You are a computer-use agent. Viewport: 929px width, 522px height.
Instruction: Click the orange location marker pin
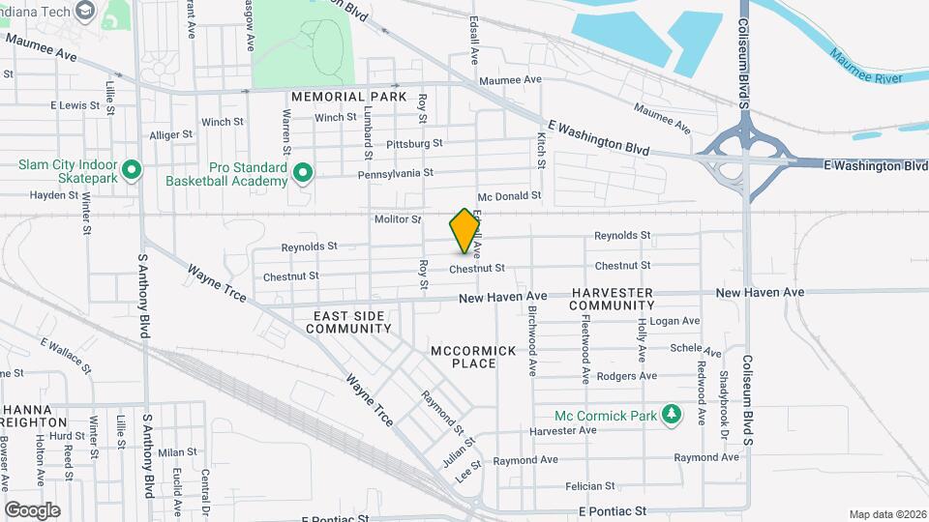click(x=465, y=231)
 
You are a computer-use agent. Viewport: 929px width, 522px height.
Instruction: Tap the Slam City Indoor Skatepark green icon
click(x=131, y=173)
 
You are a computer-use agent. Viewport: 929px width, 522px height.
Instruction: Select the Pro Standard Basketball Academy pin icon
click(x=303, y=173)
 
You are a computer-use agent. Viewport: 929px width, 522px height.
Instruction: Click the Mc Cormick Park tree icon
click(x=671, y=415)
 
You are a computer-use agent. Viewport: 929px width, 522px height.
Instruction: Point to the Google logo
click(x=32, y=509)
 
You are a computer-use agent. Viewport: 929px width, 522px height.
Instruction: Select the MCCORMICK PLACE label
click(x=474, y=358)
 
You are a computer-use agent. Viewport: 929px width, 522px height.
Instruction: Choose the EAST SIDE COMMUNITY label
click(x=349, y=323)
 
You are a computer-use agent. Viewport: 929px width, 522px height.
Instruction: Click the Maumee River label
click(x=867, y=77)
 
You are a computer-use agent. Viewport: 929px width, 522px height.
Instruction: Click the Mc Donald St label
click(x=509, y=196)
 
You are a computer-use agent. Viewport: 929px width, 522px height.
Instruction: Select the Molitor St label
click(x=398, y=219)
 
